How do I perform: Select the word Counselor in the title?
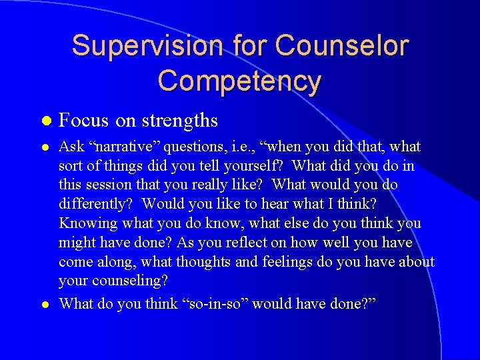pos(341,46)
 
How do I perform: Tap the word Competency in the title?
pos(239,81)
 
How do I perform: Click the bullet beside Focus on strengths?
pos(45,121)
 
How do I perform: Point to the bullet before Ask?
pos(45,147)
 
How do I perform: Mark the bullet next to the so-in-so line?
pos(45,304)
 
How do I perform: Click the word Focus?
pos(84,120)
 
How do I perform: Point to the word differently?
pos(95,203)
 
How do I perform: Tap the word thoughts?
pos(203,261)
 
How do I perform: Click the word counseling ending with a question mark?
pos(129,280)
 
